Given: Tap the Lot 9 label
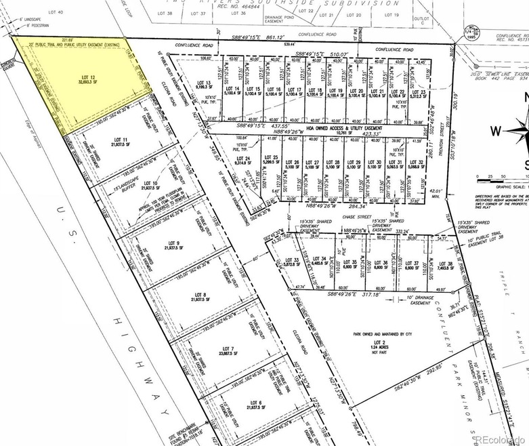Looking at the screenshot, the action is [173, 242].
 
